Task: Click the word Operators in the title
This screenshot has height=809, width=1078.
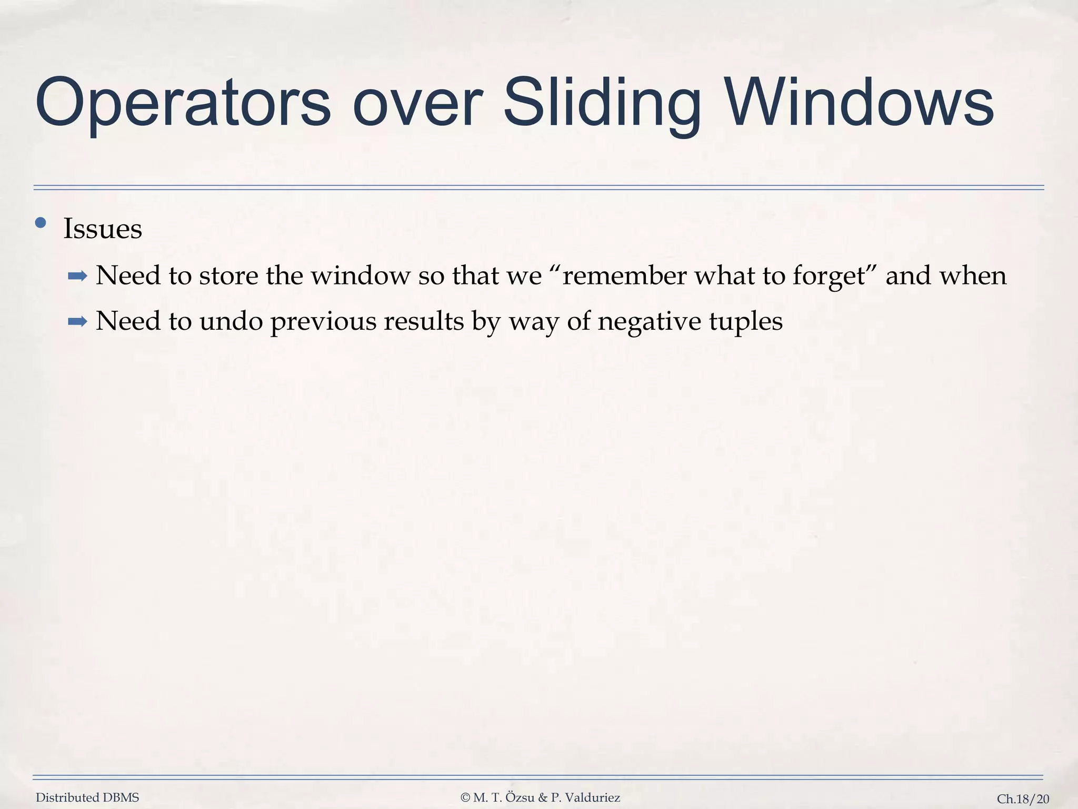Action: tap(183, 103)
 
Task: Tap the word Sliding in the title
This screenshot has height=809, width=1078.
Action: tap(602, 103)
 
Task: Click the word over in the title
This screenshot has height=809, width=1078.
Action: tap(416, 103)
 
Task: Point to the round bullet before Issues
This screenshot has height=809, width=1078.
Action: tap(41, 223)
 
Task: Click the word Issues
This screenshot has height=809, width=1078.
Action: tap(103, 229)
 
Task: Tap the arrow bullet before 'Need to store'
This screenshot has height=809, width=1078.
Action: tap(77, 275)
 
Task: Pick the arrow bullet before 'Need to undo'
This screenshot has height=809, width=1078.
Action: tap(77, 321)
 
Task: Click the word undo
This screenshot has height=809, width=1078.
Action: tap(231, 321)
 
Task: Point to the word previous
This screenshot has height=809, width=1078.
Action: tap(323, 321)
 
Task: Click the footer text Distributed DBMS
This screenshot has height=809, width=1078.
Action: tap(87, 798)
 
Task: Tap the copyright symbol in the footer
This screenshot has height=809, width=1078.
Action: tap(465, 798)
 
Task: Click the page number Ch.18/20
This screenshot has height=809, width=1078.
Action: tap(1023, 799)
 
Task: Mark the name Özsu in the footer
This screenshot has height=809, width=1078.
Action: tap(520, 798)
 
